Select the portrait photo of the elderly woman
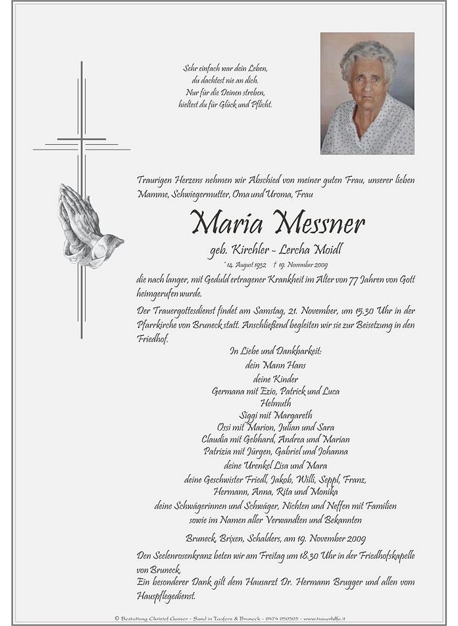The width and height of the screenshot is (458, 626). click(367, 93)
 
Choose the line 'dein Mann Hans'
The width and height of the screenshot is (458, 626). click(275, 365)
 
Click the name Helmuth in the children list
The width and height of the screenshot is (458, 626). click(276, 403)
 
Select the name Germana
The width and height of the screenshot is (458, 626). click(228, 391)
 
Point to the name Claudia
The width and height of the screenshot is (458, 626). click(215, 439)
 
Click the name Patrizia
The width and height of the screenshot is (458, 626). click(220, 452)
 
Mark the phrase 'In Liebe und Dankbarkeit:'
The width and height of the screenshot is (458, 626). click(275, 351)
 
